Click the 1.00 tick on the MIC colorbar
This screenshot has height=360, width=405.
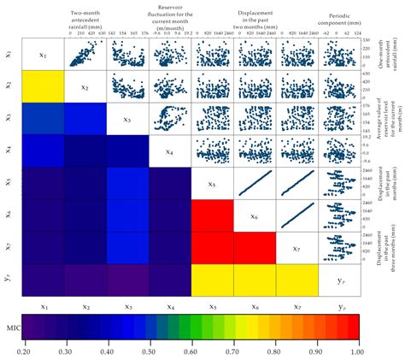point(357,350)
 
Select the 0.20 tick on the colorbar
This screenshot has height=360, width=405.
point(22,350)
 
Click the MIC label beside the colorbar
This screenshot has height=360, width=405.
point(10,326)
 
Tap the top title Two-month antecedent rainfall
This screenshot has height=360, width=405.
point(85,19)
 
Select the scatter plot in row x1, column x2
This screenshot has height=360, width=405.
point(85,54)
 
